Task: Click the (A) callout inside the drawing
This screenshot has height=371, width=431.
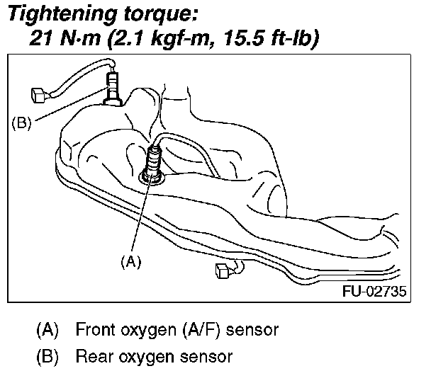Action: click(x=130, y=261)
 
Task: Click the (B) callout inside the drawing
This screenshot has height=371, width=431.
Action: click(x=23, y=123)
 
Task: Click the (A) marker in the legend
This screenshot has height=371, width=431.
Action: click(x=47, y=329)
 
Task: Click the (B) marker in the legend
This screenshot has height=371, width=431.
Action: click(x=47, y=355)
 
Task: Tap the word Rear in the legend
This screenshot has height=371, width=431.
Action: click(x=90, y=355)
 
